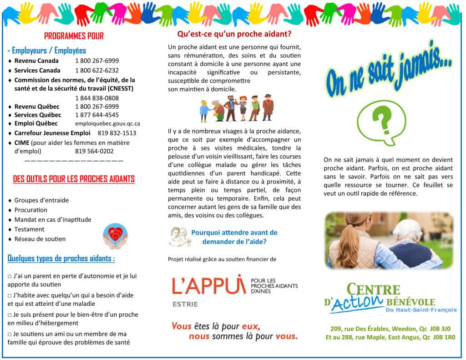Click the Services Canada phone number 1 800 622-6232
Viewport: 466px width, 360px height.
click(x=97, y=71)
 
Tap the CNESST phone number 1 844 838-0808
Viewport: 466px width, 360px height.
click(x=97, y=98)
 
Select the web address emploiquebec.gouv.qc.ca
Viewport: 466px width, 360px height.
click(x=107, y=124)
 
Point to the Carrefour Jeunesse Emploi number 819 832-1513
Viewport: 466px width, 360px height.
click(x=117, y=133)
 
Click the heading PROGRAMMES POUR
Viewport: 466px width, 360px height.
click(x=74, y=36)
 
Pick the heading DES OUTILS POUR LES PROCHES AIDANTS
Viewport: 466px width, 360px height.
click(x=74, y=179)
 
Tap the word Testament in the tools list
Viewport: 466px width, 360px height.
click(x=29, y=229)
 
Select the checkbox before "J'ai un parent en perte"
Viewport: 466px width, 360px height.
click(x=10, y=276)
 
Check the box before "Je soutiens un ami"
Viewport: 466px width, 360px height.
click(x=10, y=335)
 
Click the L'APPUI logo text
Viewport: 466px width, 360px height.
click(x=209, y=285)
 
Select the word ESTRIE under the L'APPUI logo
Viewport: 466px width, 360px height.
click(x=185, y=304)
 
